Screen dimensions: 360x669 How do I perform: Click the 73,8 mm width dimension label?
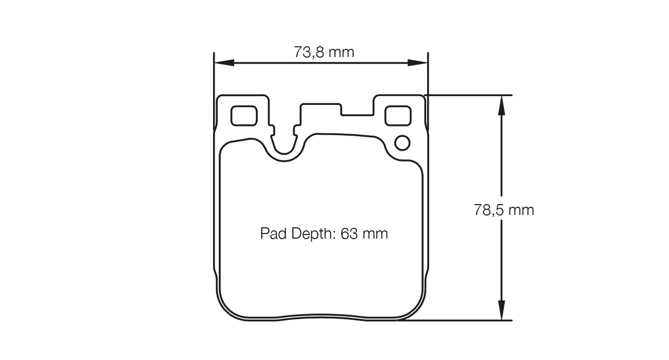[x=324, y=52]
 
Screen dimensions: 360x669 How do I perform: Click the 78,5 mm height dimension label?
[x=504, y=210]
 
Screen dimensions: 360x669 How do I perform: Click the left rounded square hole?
[x=243, y=116]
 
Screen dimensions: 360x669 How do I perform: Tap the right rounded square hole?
[x=398, y=115]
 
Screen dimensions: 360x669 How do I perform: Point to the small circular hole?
[x=402, y=142]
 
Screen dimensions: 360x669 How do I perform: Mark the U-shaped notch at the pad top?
[x=285, y=147]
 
